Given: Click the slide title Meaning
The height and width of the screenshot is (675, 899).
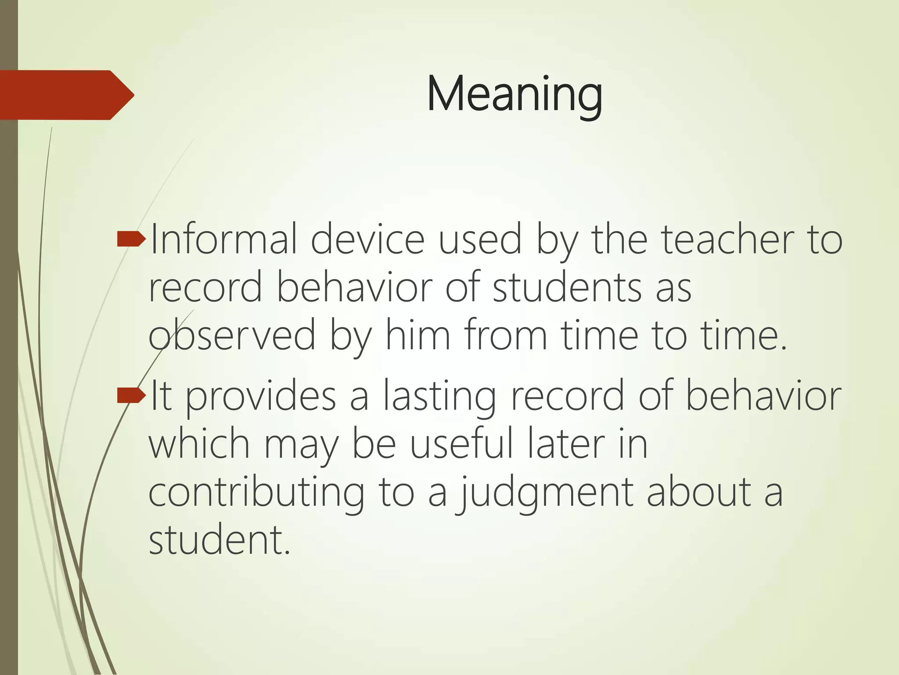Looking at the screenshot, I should (x=514, y=94).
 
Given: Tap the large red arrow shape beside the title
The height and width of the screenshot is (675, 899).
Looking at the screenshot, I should (x=66, y=95).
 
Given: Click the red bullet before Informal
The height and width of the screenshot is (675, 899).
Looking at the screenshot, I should (x=131, y=239).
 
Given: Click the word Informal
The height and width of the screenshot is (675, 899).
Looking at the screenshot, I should (x=223, y=240).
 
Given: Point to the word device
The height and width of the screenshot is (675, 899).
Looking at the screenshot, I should (x=368, y=240).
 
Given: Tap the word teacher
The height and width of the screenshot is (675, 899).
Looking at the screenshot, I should (x=728, y=240).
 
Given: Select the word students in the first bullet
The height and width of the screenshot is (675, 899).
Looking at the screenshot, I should (x=567, y=288).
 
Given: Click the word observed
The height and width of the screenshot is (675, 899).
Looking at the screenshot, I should (x=232, y=336).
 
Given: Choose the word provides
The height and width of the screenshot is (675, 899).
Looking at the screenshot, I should (x=261, y=397).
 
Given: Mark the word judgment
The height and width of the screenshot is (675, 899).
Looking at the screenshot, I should (x=544, y=493).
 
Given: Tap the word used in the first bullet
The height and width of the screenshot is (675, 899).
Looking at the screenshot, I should (x=480, y=240).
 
